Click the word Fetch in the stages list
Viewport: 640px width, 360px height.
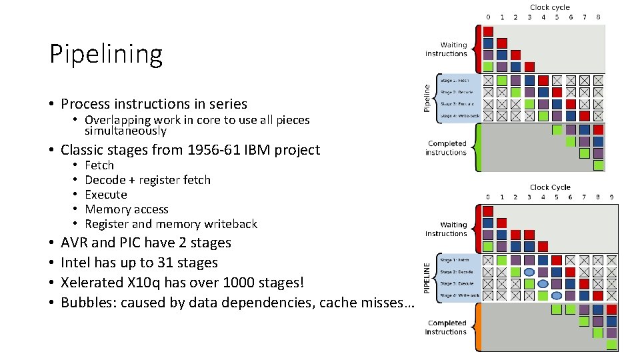[99, 165]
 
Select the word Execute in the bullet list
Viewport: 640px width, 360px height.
[105, 195]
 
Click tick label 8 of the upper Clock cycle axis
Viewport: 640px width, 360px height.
[598, 17]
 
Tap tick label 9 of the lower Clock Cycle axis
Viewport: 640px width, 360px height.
[611, 197]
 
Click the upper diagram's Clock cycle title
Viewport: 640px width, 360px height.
[550, 7]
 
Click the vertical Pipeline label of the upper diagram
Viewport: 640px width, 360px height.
[428, 97]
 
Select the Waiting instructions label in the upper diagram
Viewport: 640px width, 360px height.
[446, 49]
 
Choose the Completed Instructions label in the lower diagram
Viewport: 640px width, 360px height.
[446, 327]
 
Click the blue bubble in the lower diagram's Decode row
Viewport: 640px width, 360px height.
[529, 272]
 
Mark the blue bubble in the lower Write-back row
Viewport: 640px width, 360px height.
[557, 295]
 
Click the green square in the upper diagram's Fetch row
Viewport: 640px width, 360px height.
[502, 80]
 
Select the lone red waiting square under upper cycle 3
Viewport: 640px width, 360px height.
[529, 66]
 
